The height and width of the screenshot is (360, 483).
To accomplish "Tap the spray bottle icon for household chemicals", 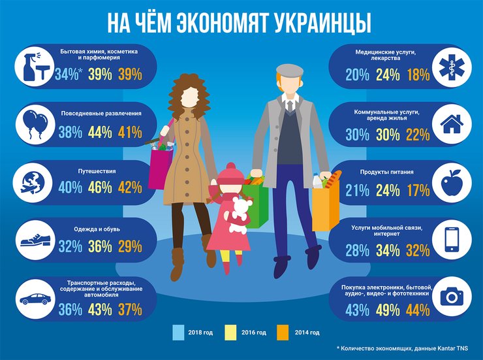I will pyautogui.click(x=33, y=65).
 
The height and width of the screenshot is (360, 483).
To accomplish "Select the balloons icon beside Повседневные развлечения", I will pyautogui.click(x=33, y=123).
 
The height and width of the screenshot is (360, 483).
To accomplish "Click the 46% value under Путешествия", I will pyautogui.click(x=98, y=188).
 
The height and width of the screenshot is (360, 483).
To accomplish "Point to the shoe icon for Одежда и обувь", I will pyautogui.click(x=33, y=240).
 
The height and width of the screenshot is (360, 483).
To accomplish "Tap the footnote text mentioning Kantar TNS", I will pyautogui.click(x=403, y=350).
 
